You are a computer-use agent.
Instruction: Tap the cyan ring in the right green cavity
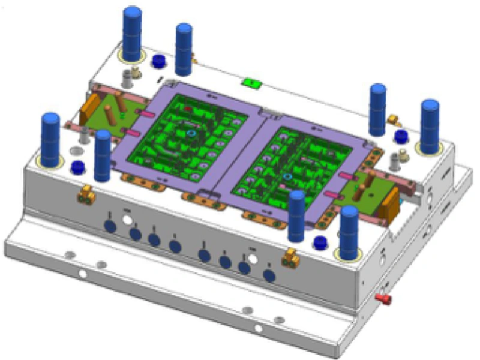click(288, 177)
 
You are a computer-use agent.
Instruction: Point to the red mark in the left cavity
click(188, 109)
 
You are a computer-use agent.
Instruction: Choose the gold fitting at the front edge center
click(292, 256)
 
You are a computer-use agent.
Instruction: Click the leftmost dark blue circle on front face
click(110, 226)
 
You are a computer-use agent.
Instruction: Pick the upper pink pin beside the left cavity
click(146, 112)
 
